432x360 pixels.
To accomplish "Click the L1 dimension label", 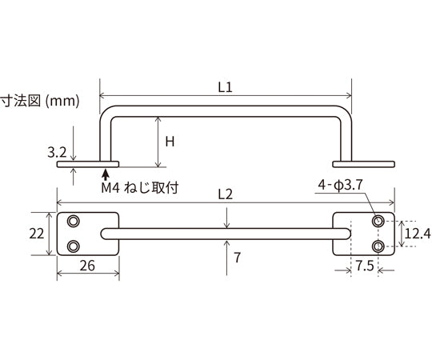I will [x=224, y=90].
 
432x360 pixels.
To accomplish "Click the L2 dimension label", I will [x=224, y=194].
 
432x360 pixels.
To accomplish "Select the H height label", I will [x=169, y=141].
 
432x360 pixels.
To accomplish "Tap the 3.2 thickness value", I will [x=58, y=150].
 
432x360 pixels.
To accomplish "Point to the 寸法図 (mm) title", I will [x=38, y=102].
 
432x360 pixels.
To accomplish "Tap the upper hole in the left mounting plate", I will [x=74, y=221].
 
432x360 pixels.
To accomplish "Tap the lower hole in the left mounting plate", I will [x=74, y=246].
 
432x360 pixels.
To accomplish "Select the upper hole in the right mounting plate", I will [x=378, y=221].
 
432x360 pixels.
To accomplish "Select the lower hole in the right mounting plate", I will [x=378, y=245].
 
